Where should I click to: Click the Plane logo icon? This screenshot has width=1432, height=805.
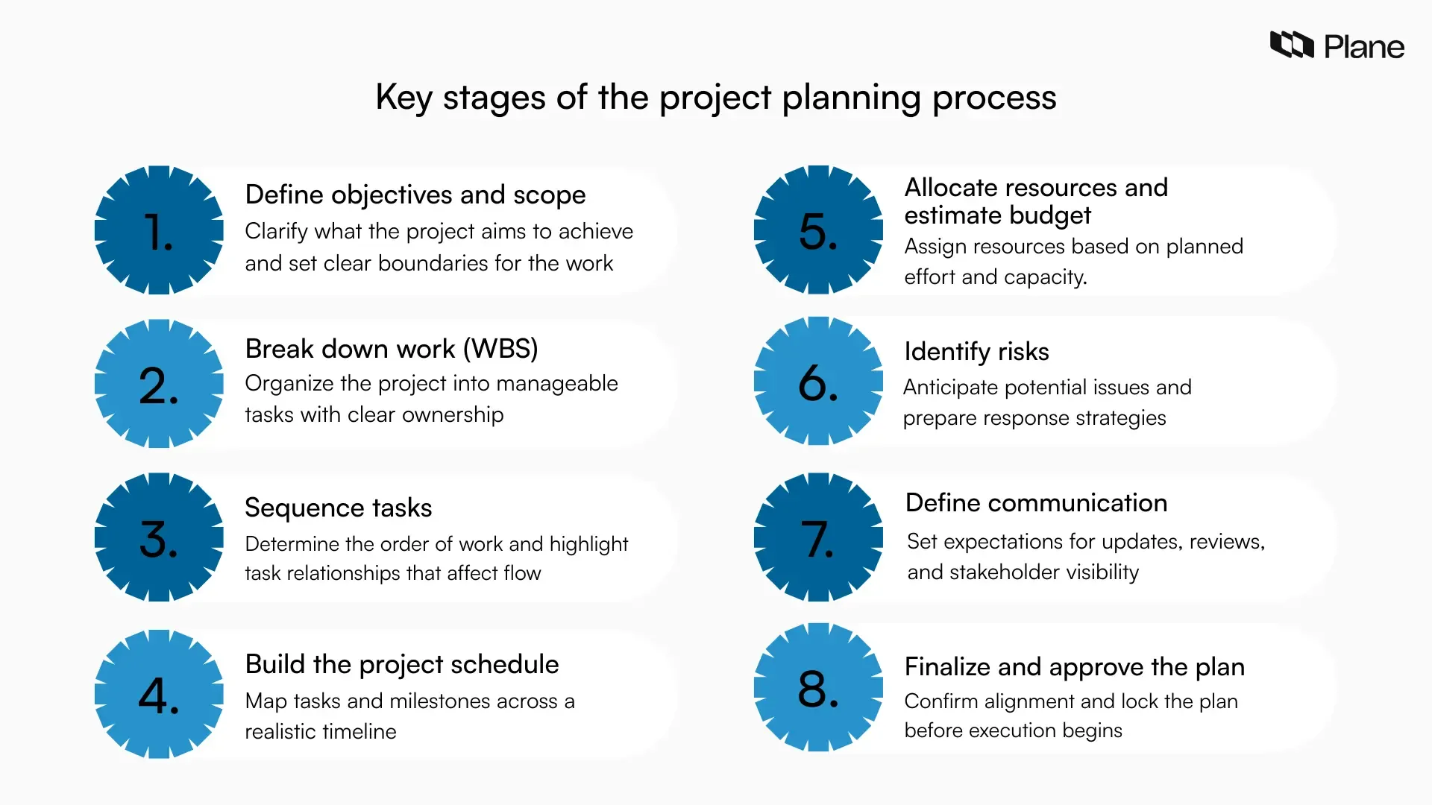pyautogui.click(x=1291, y=45)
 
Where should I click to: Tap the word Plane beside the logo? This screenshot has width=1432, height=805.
pyautogui.click(x=1364, y=47)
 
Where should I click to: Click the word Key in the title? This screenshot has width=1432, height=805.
pyautogui.click(x=403, y=98)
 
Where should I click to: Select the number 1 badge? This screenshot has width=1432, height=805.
pyautogui.click(x=159, y=230)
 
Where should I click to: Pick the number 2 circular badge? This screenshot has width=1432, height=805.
pyautogui.click(x=159, y=385)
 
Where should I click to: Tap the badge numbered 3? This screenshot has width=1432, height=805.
pyautogui.click(x=159, y=537)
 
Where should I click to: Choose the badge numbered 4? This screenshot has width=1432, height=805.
pyautogui.click(x=159, y=695)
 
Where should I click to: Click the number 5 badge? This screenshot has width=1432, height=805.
pyautogui.click(x=818, y=230)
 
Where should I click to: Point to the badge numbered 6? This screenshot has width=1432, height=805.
pyautogui.click(x=818, y=382)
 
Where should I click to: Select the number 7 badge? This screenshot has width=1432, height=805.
pyautogui.click(x=818, y=537)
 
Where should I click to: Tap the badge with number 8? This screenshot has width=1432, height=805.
pyautogui.click(x=818, y=687)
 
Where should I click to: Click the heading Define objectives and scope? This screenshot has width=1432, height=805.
pyautogui.click(x=415, y=195)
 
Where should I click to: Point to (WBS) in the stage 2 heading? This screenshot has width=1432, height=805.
pyautogui.click(x=500, y=349)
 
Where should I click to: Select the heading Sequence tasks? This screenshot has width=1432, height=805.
pyautogui.click(x=338, y=508)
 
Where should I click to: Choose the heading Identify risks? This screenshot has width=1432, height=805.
pyautogui.click(x=976, y=352)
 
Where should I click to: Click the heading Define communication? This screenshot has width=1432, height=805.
pyautogui.click(x=1036, y=503)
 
